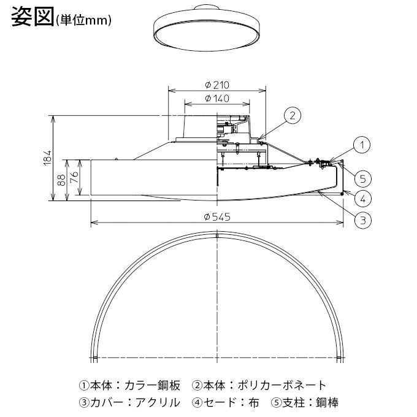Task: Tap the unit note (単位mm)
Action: pyautogui.click(x=83, y=21)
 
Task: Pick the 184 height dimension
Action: pyautogui.click(x=48, y=158)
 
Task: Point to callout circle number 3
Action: pyautogui.click(x=362, y=219)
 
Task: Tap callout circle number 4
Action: pyautogui.click(x=362, y=197)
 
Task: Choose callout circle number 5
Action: pyautogui.click(x=362, y=178)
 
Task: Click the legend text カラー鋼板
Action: pyautogui.click(x=152, y=386)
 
